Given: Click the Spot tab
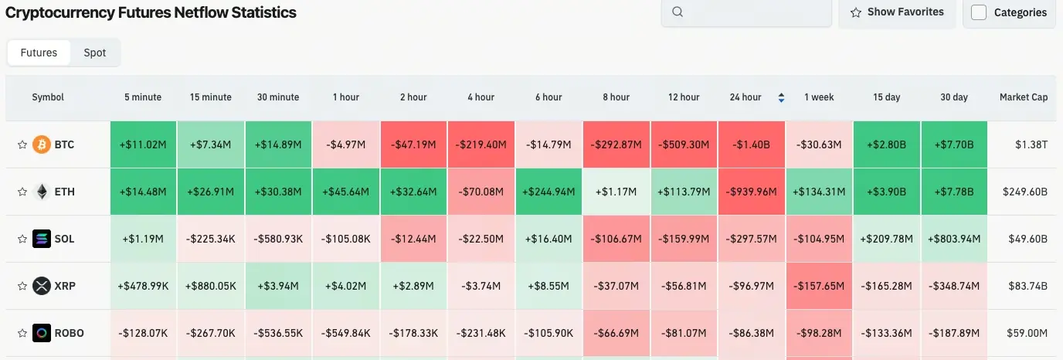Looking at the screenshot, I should [x=95, y=53].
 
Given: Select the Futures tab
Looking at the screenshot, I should [x=39, y=53].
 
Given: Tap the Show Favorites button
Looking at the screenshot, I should [x=897, y=12].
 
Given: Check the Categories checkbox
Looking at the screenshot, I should [x=979, y=12].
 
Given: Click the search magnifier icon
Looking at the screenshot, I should [x=678, y=12].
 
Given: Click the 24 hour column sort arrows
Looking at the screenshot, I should [x=781, y=97].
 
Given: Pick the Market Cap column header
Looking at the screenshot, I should [x=1024, y=97].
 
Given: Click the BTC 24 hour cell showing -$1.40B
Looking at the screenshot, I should [x=752, y=144].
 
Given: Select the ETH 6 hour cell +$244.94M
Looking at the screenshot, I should [x=548, y=192].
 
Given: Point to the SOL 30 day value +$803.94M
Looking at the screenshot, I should [x=955, y=239].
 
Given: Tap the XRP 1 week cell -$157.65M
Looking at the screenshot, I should [x=819, y=286].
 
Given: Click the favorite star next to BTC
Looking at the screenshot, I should [x=22, y=144].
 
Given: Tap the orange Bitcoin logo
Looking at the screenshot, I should [x=42, y=144].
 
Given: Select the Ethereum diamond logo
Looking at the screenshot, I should [x=42, y=192].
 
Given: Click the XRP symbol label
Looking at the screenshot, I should [x=65, y=286].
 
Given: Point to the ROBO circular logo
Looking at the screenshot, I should [x=42, y=333].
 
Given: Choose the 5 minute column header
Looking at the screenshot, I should [x=143, y=97].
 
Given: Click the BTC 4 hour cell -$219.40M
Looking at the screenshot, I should [x=481, y=144].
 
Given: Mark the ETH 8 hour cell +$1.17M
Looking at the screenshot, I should [x=616, y=192].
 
